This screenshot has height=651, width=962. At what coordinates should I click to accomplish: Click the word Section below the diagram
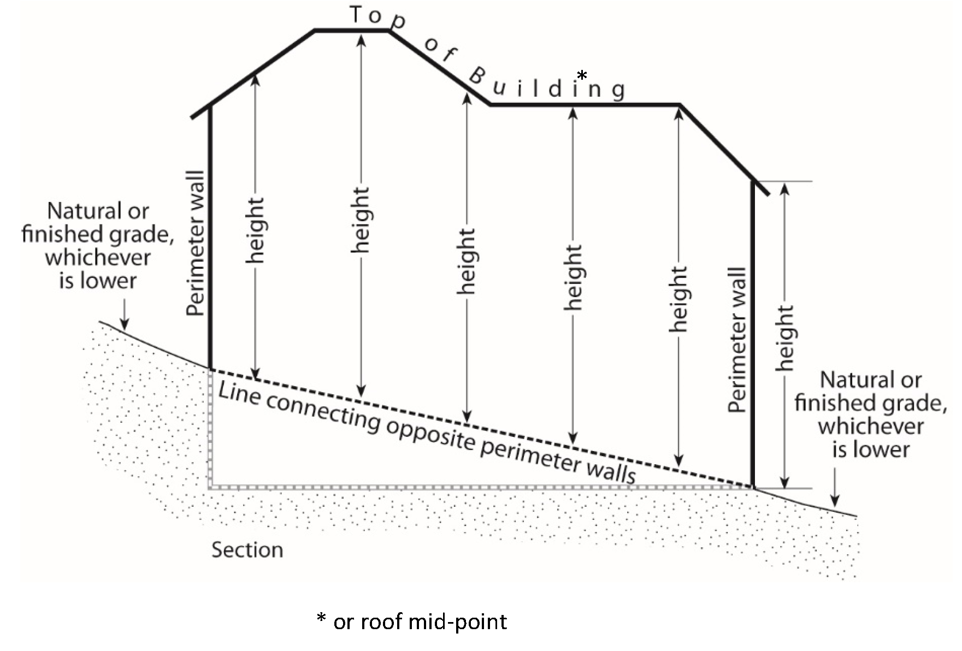(x=247, y=550)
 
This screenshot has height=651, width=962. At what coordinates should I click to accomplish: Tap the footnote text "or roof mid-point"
(x=420, y=622)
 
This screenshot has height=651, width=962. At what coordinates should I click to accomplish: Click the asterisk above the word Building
(x=582, y=75)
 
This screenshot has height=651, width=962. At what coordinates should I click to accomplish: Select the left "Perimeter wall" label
(x=195, y=244)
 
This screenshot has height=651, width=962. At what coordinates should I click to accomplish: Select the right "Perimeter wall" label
(x=737, y=340)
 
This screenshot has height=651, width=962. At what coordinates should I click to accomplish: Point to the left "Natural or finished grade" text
(x=98, y=246)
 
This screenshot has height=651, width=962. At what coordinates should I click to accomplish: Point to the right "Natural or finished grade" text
(x=870, y=415)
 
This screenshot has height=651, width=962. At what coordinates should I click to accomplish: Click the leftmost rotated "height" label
(x=255, y=230)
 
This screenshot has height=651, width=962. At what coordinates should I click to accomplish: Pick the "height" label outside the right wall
(x=785, y=339)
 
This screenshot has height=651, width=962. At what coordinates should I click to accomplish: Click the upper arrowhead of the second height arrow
(x=361, y=39)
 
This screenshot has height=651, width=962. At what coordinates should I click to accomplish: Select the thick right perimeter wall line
(x=753, y=333)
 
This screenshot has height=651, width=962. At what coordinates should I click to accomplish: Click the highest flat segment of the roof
(x=351, y=31)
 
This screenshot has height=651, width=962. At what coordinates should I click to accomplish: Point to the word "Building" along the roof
(x=546, y=85)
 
